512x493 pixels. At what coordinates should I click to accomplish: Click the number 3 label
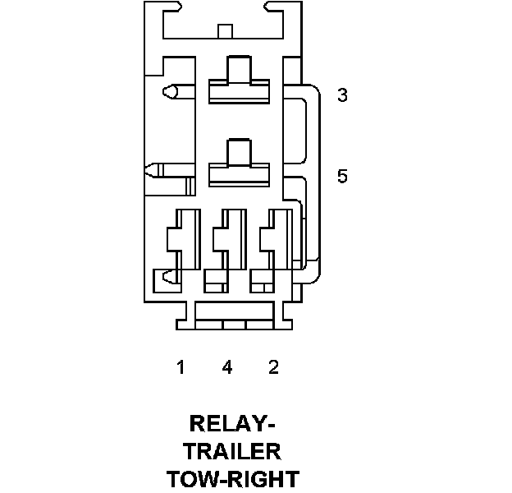click(x=342, y=95)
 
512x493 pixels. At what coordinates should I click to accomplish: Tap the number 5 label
click(x=342, y=176)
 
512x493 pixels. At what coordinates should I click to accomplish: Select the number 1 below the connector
click(x=181, y=367)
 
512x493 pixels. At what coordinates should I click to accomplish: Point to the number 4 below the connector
click(x=227, y=367)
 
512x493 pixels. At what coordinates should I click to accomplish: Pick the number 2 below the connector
click(x=273, y=367)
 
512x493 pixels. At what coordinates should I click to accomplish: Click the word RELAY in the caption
click(x=226, y=424)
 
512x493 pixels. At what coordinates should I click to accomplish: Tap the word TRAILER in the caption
click(x=233, y=451)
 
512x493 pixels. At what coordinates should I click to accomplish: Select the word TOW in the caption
click(x=192, y=478)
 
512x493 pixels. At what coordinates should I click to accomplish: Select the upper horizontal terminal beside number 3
click(x=239, y=80)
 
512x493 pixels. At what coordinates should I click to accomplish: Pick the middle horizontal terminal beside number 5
click(x=239, y=164)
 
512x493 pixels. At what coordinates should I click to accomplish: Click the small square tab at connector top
click(x=225, y=31)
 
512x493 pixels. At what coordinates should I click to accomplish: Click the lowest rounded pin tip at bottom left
click(x=168, y=277)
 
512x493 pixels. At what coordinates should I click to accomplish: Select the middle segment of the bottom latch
click(x=235, y=324)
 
